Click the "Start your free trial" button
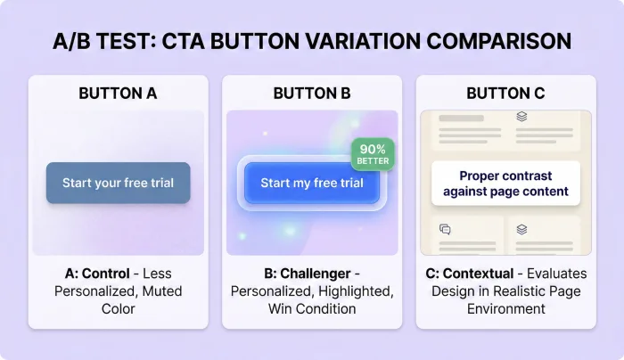pos(118,183)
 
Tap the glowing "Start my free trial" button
pos(312,183)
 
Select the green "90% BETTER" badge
pos(373,153)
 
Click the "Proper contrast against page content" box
pos(505,184)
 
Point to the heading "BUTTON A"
pos(118,93)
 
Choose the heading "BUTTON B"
pos(312,93)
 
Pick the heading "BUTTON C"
pos(505,93)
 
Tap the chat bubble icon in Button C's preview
pos(445,229)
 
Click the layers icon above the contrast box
pos(521,116)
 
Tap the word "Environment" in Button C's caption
pos(505,308)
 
